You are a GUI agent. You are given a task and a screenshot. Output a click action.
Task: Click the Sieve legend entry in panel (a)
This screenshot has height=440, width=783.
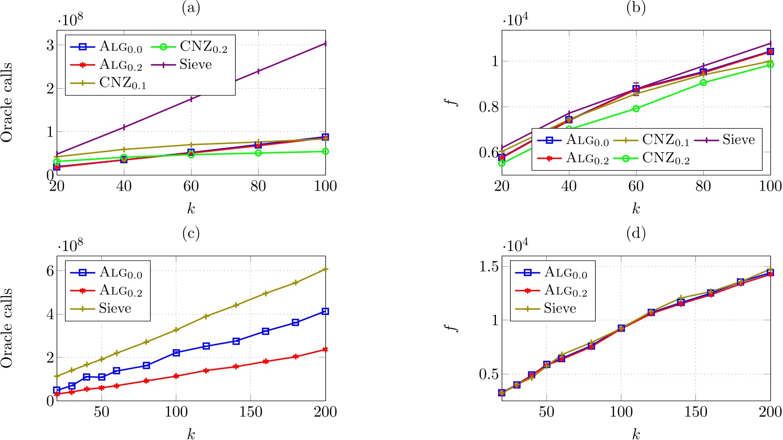click(196, 65)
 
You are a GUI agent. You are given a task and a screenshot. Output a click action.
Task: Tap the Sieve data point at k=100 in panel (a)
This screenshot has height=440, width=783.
click(325, 44)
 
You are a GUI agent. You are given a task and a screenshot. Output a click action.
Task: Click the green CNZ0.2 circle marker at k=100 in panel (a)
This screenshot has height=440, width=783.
click(325, 151)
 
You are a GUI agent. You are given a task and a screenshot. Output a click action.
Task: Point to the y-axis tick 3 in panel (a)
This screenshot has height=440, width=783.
click(50, 46)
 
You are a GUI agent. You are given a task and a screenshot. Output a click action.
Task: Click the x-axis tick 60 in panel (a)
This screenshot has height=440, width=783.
click(191, 186)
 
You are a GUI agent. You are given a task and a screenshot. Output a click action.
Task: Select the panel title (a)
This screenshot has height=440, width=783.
click(191, 8)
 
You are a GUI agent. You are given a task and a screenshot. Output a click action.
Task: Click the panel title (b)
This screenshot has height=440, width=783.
click(636, 8)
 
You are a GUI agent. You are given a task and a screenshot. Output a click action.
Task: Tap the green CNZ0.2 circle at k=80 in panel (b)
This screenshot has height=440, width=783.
click(703, 82)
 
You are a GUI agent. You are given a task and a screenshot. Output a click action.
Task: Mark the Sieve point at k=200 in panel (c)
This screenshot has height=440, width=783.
click(325, 269)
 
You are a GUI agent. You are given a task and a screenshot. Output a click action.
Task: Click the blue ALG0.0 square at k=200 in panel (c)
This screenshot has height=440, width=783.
click(325, 311)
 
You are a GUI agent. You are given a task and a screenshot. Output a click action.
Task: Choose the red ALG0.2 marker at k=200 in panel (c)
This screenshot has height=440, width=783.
click(325, 350)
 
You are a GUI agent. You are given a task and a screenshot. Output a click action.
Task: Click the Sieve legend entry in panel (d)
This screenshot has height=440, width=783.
click(559, 308)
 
